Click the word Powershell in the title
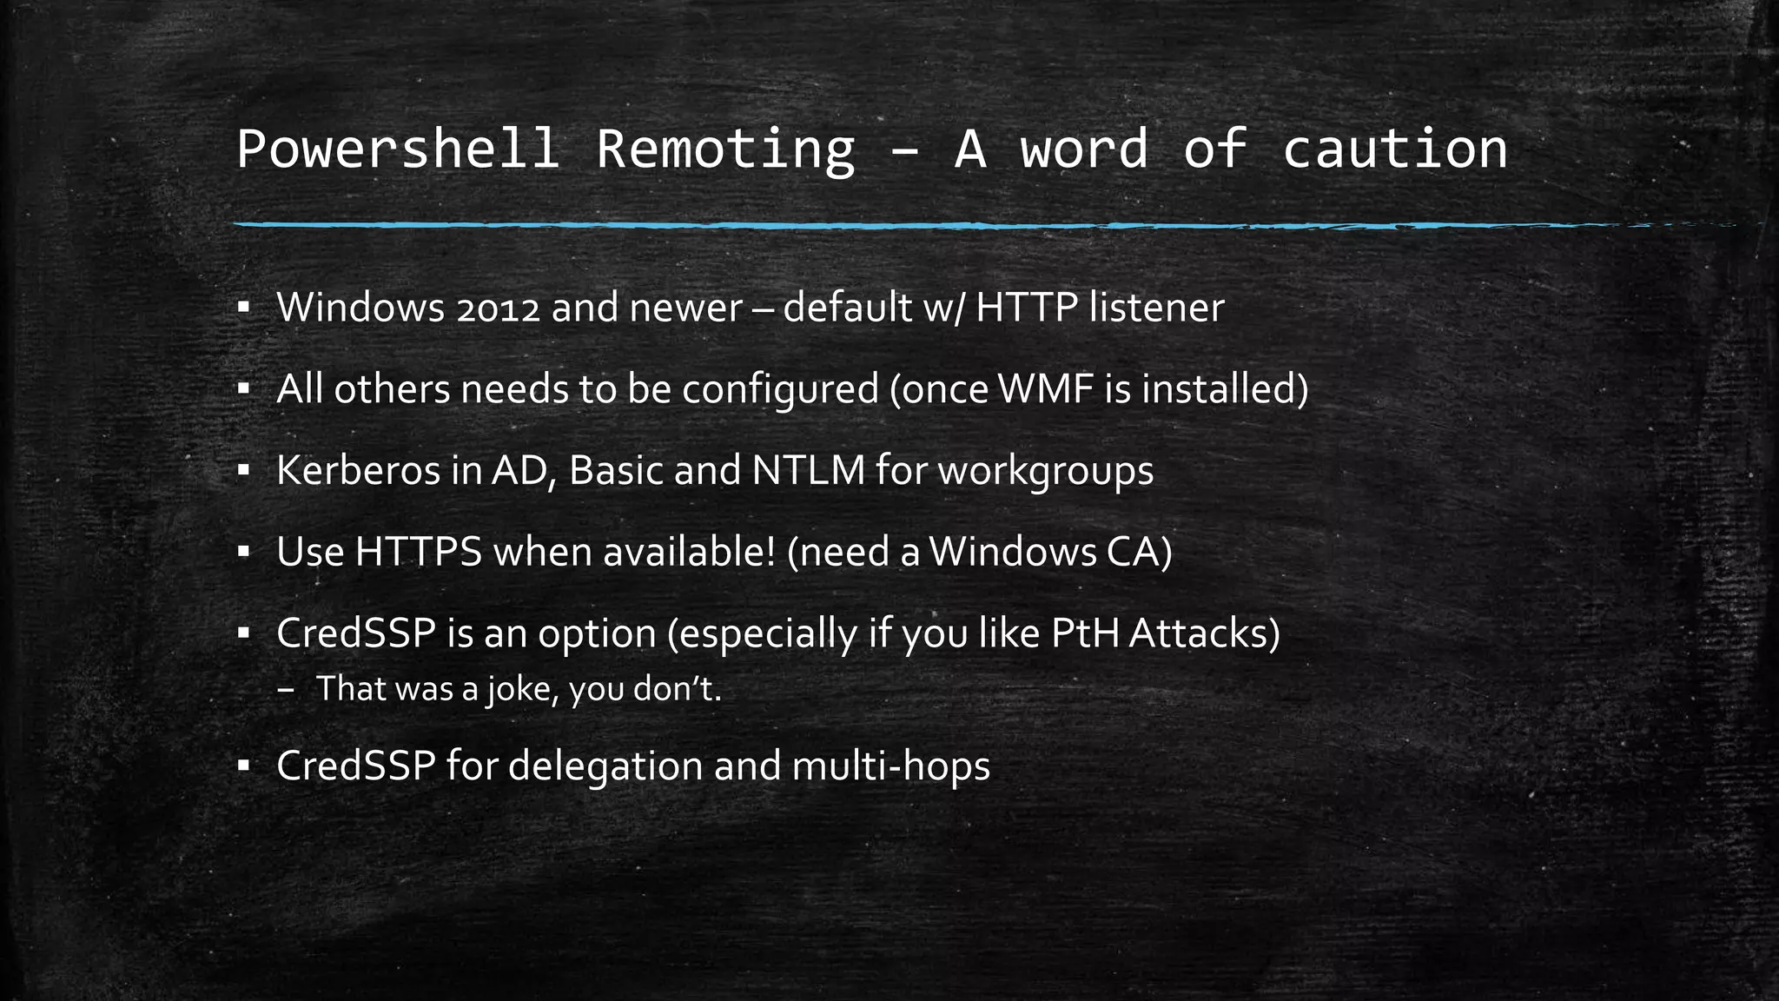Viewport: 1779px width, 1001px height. point(397,149)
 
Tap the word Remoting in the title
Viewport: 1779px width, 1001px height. point(725,149)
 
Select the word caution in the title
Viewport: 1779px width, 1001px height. point(1394,149)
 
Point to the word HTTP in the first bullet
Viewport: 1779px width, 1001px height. point(1027,308)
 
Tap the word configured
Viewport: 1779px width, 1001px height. point(779,389)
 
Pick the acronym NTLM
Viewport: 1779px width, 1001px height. point(808,471)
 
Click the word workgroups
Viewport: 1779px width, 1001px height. point(1046,471)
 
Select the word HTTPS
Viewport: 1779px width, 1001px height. point(418,553)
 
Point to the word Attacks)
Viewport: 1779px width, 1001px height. point(1205,633)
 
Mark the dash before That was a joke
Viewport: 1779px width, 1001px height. point(287,690)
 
